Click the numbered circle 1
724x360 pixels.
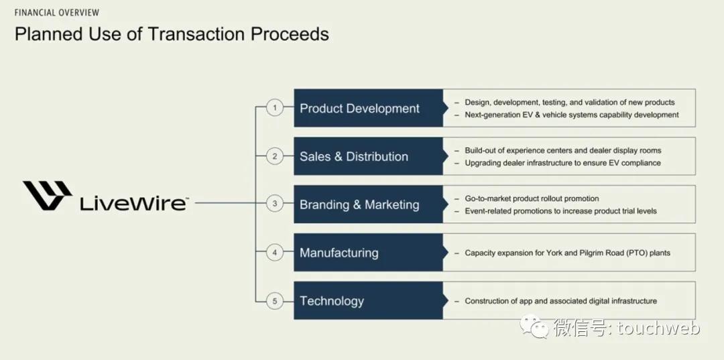coord(275,108)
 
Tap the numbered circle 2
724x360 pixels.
coord(275,156)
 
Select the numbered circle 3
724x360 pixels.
coord(275,204)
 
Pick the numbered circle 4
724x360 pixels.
coord(275,253)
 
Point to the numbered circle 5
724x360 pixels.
coord(275,301)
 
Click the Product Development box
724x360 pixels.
coord(369,108)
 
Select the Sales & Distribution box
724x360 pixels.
coord(369,156)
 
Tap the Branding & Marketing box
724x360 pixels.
coord(369,204)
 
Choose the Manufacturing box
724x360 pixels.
coord(369,253)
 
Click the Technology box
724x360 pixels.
coord(369,300)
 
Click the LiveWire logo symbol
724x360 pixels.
coord(48,196)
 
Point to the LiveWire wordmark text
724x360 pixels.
coord(134,203)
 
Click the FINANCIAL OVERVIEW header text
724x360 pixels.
coord(57,13)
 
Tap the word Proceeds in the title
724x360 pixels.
coord(290,34)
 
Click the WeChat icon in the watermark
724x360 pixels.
coord(535,326)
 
